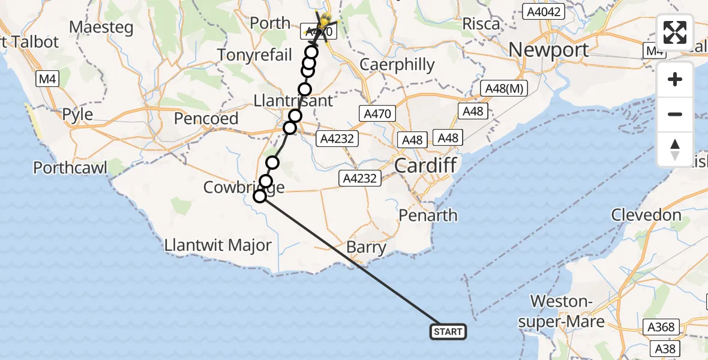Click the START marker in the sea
pyautogui.click(x=448, y=332)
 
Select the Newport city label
pyautogui.click(x=548, y=50)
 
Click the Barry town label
pyautogui.click(x=366, y=247)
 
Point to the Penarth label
pyautogui.click(x=430, y=215)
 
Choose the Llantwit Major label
pyautogui.click(x=218, y=245)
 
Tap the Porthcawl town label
pyautogui.click(x=70, y=167)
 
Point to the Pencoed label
pyautogui.click(x=206, y=119)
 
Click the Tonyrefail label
pyautogui.click(x=254, y=55)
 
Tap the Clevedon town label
pyautogui.click(x=646, y=215)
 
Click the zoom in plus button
pyautogui.click(x=675, y=79)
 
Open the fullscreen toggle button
pyautogui.click(x=675, y=32)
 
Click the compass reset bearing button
pyautogui.click(x=675, y=149)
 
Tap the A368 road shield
pyautogui.click(x=661, y=328)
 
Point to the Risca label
pyautogui.click(x=481, y=24)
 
